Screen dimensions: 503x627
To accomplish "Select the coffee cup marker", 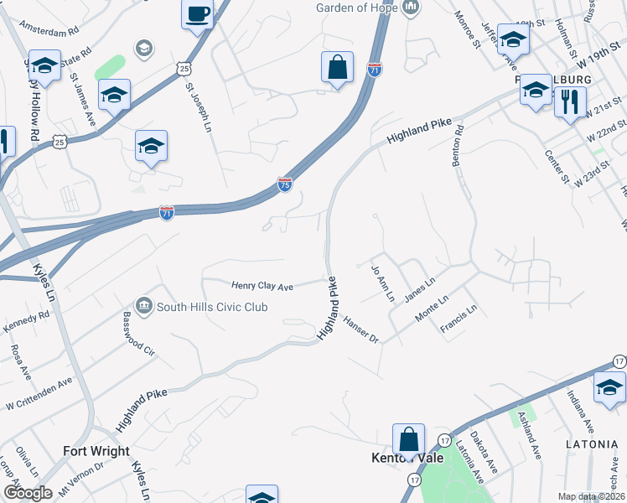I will pyautogui.click(x=198, y=14).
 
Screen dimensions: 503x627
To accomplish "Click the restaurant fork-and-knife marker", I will pyautogui.click(x=570, y=102).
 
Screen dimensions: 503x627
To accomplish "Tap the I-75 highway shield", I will pyautogui.click(x=285, y=184).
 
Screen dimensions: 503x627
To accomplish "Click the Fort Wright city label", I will pyautogui.click(x=96, y=451).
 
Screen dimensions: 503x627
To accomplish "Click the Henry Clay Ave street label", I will pyautogui.click(x=262, y=286).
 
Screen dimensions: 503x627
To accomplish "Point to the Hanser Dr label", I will pyautogui.click(x=362, y=329).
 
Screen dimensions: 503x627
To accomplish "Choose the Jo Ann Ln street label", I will pyautogui.click(x=381, y=283).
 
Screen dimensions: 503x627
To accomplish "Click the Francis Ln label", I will pyautogui.click(x=459, y=320).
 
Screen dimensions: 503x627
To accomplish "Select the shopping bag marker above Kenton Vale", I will pyautogui.click(x=408, y=438).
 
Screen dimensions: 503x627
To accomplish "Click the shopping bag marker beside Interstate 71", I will pyautogui.click(x=337, y=69).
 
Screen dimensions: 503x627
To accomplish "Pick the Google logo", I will pyautogui.click(x=28, y=493).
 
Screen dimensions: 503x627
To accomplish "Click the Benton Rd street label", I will pyautogui.click(x=459, y=146).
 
